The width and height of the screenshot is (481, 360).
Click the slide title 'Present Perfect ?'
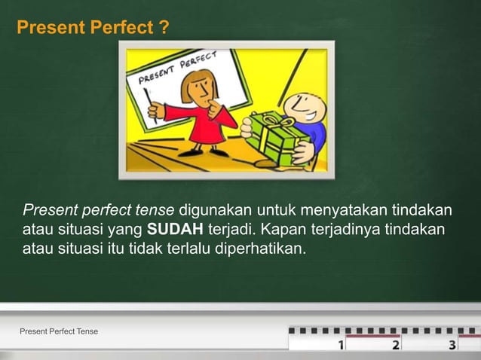click(x=92, y=29)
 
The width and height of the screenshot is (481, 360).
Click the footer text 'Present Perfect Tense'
click(x=60, y=332)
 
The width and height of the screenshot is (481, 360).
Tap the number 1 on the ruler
click(x=342, y=346)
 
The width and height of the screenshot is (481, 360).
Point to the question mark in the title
click(x=164, y=29)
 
